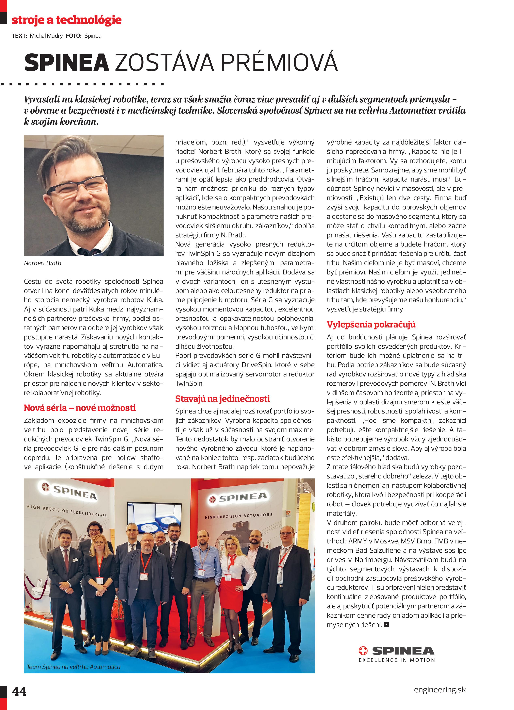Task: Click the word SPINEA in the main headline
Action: (66, 63)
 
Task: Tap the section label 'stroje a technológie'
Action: (66, 20)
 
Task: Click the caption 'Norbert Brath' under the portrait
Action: (43, 263)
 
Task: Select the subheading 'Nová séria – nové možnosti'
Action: (80, 408)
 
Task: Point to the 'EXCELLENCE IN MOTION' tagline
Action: (397, 660)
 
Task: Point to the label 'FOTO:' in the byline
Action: (73, 36)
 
